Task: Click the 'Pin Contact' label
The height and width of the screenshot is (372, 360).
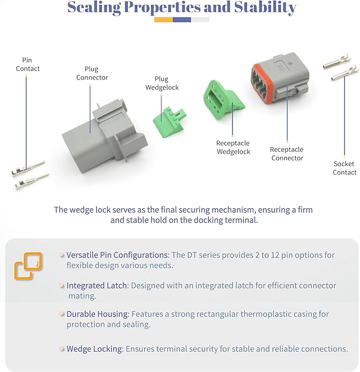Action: pos(28,64)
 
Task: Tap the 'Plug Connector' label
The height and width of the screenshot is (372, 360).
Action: pos(92,73)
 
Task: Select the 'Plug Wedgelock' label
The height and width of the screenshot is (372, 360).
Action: pos(162,83)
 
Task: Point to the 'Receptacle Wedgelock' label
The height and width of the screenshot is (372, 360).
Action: pos(233,147)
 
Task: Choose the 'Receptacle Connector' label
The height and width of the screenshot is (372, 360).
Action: pos(287,154)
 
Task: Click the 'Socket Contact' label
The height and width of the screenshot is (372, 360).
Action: pos(345,168)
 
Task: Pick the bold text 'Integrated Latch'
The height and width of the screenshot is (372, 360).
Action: pos(97,285)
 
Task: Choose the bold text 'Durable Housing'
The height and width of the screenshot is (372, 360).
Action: pos(98,314)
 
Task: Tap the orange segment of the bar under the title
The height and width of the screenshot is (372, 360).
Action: pos(163,20)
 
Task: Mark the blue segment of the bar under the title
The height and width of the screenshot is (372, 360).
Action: pos(182,20)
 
